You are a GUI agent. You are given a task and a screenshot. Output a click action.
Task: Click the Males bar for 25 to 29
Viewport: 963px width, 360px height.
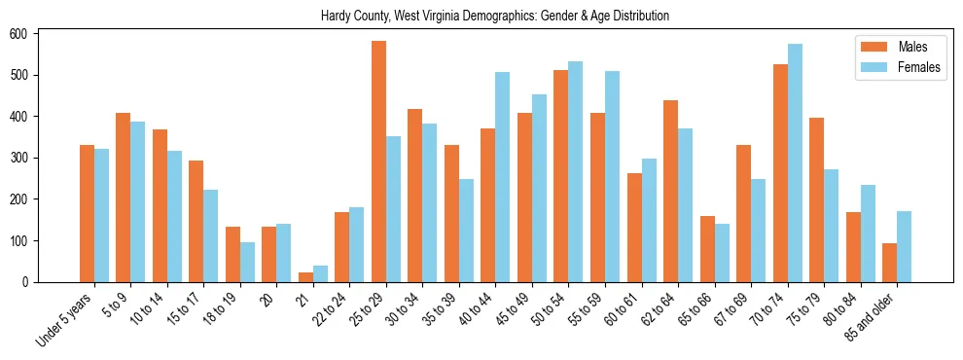click(378, 162)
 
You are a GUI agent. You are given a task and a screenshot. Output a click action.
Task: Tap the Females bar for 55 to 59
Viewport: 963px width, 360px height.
click(612, 176)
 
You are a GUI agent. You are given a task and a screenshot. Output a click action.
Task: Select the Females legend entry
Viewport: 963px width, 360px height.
click(905, 69)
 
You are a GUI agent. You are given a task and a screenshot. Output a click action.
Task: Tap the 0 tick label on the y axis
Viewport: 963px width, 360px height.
click(33, 282)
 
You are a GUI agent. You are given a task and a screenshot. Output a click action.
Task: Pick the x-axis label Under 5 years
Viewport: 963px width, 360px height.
click(66, 315)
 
